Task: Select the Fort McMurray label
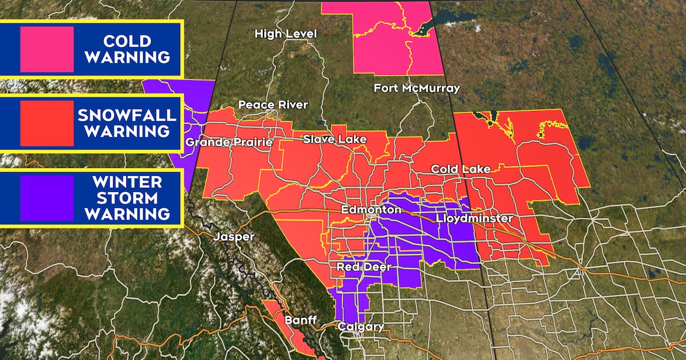coord(417,89)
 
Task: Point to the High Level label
coord(286,34)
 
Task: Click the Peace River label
coord(273,105)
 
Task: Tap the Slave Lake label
coord(335,139)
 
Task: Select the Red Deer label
coord(364,267)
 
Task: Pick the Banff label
coord(300,320)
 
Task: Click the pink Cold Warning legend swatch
coord(46,50)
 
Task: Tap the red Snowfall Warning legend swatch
coord(46,123)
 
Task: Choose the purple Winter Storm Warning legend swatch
coord(46,198)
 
